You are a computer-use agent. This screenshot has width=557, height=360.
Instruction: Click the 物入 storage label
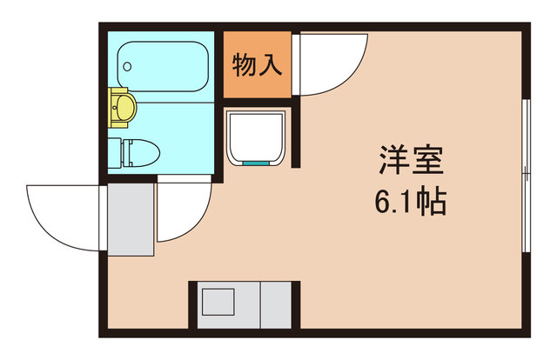[x=258, y=65]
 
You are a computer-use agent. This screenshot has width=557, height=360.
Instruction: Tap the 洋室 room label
[x=412, y=160]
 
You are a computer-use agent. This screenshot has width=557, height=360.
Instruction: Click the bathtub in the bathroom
[x=163, y=66]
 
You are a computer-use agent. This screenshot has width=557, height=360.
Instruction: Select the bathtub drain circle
[x=127, y=66]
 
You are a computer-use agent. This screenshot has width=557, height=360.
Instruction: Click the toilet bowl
[x=141, y=153]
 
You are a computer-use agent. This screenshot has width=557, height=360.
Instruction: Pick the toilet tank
[x=114, y=153]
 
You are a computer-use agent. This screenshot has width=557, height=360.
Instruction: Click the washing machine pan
[x=256, y=138]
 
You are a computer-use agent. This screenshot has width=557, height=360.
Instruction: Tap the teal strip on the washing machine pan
[x=256, y=163]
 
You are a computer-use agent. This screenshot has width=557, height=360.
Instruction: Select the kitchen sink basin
[x=218, y=302]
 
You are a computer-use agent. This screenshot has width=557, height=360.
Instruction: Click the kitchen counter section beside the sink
[x=276, y=305]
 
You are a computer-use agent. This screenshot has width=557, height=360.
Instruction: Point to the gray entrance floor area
[x=131, y=219]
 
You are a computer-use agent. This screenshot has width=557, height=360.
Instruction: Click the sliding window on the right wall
[x=527, y=176]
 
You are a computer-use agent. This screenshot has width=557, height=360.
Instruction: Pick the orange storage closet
[x=258, y=64]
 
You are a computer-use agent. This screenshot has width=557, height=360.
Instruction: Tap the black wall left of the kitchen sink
[x=192, y=305]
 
